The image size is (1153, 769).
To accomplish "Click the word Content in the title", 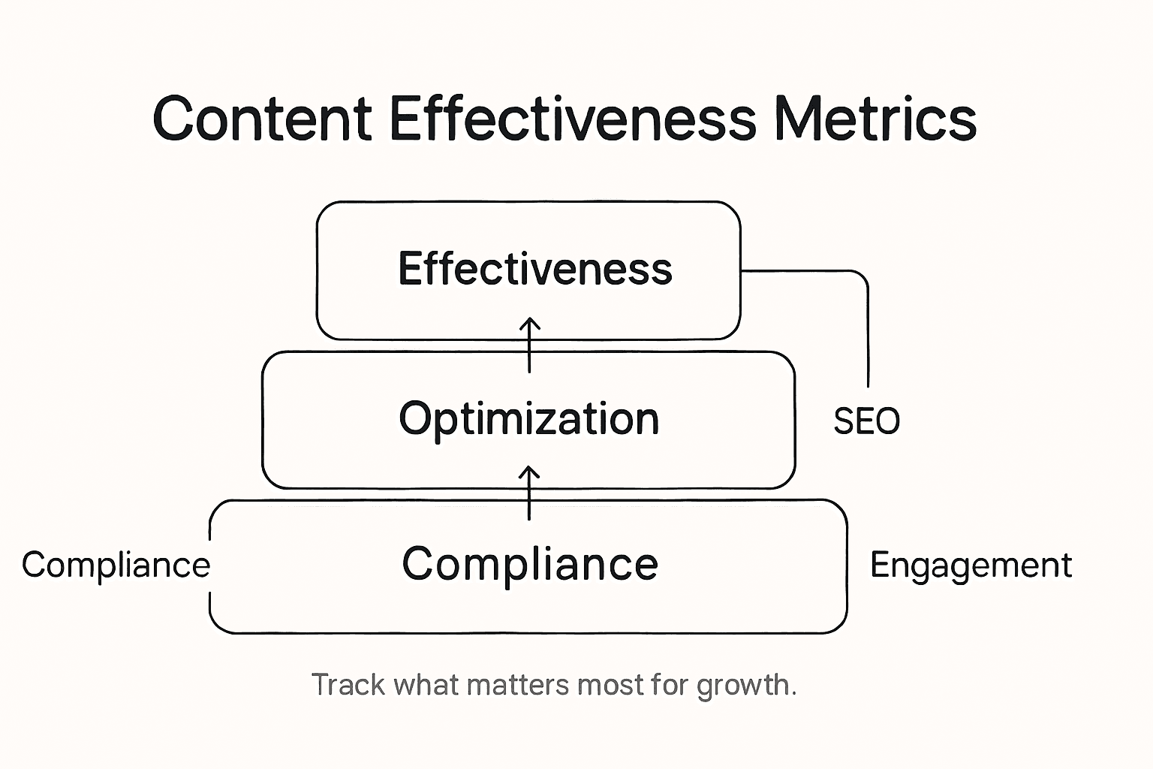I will click(262, 119).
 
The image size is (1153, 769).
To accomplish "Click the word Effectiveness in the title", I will click(573, 119).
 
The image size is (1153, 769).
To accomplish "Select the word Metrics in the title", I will click(875, 119).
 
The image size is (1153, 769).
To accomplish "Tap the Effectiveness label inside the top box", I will click(534, 269).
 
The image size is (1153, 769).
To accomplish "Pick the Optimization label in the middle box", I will click(529, 419).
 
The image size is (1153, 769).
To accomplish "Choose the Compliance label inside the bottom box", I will click(530, 564).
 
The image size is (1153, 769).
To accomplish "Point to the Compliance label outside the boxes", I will click(116, 565).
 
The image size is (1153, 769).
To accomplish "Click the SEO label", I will click(866, 421).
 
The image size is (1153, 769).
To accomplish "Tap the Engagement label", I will click(971, 565).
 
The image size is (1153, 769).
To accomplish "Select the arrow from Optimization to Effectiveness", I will click(530, 345).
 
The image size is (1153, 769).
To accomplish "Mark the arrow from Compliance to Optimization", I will click(530, 493).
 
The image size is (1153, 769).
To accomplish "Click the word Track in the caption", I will click(348, 685).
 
